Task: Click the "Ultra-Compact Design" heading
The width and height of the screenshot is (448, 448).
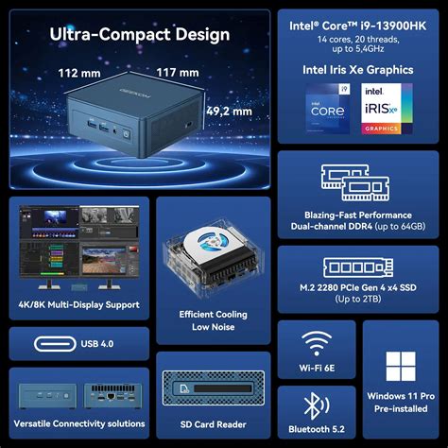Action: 140,35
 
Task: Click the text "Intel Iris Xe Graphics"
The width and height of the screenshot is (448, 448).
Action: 358,69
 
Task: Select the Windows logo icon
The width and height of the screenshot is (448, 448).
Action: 401,367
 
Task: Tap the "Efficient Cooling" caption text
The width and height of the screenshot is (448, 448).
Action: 213,314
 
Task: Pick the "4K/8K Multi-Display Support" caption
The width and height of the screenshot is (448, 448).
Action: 79,304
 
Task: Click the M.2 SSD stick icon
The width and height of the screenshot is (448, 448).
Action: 358,267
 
